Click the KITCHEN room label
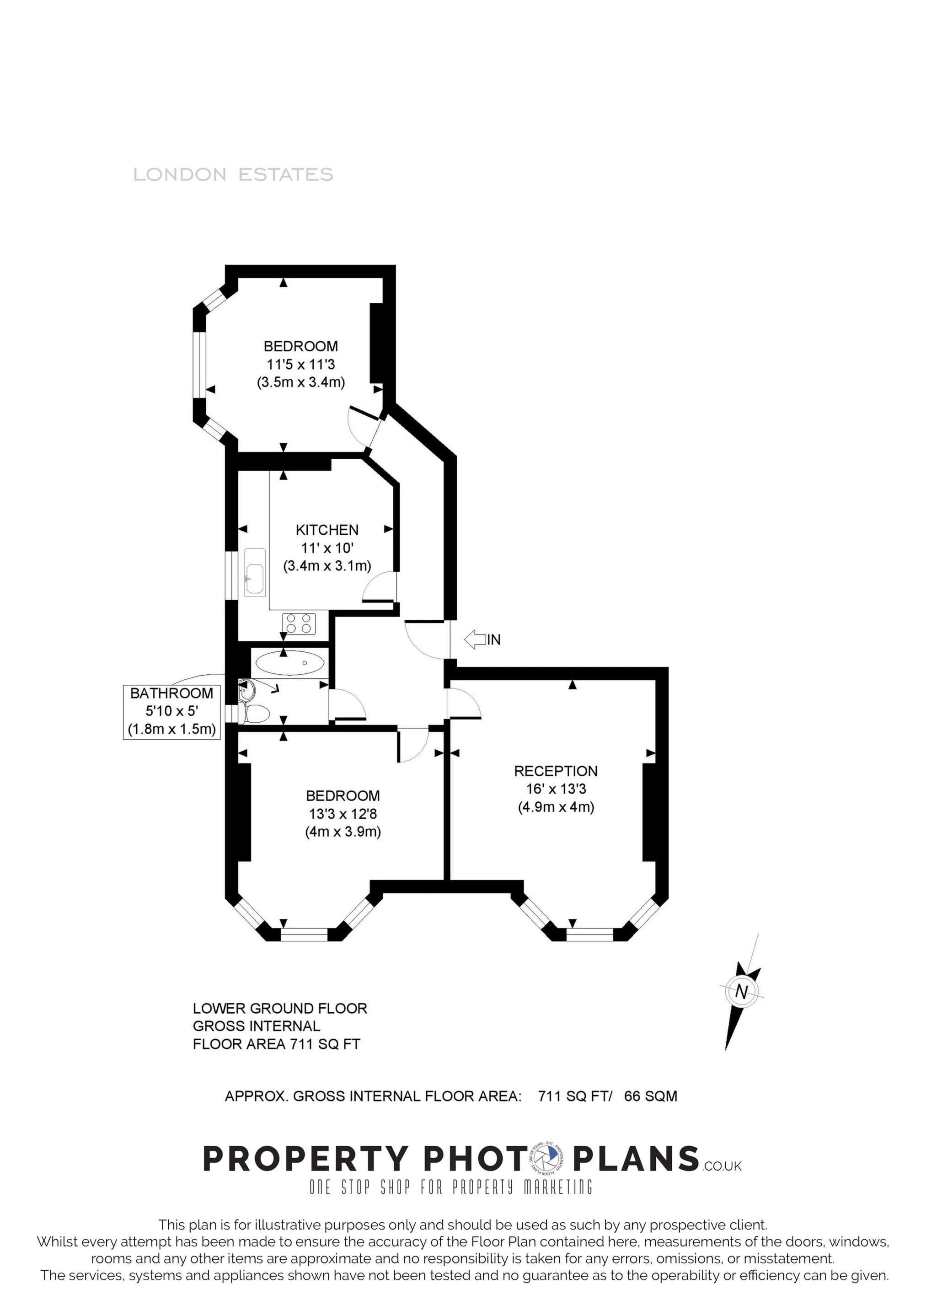pyautogui.click(x=327, y=530)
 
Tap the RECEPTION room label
pyautogui.click(x=556, y=771)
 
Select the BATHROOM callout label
pyautogui.click(x=171, y=693)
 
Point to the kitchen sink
pyautogui.click(x=255, y=573)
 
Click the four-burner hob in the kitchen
pyautogui.click(x=299, y=623)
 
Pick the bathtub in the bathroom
pyautogui.click(x=290, y=663)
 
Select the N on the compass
pyautogui.click(x=742, y=992)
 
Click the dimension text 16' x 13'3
pyautogui.click(x=556, y=789)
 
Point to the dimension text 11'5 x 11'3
pyautogui.click(x=301, y=364)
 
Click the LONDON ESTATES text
pyautogui.click(x=233, y=174)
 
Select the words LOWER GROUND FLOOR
pyautogui.click(x=280, y=1008)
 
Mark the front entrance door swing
pyautogui.click(x=425, y=639)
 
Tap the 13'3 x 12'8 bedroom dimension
pyautogui.click(x=343, y=814)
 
